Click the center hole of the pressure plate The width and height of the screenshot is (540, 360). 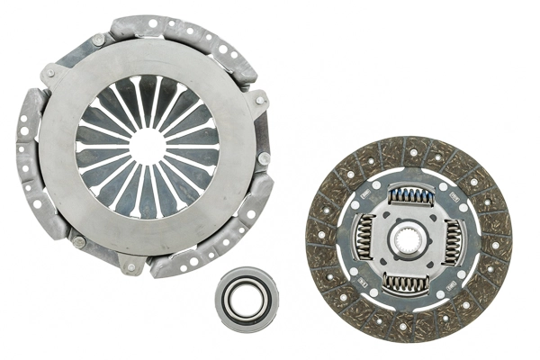(147, 146)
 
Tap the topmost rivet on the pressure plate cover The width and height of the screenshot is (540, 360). (97, 40)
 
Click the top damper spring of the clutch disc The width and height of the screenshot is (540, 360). (409, 195)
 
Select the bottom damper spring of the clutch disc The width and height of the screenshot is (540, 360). (407, 284)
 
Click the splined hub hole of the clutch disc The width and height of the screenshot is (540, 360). (408, 239)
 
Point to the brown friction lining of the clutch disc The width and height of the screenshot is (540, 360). (328, 270)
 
